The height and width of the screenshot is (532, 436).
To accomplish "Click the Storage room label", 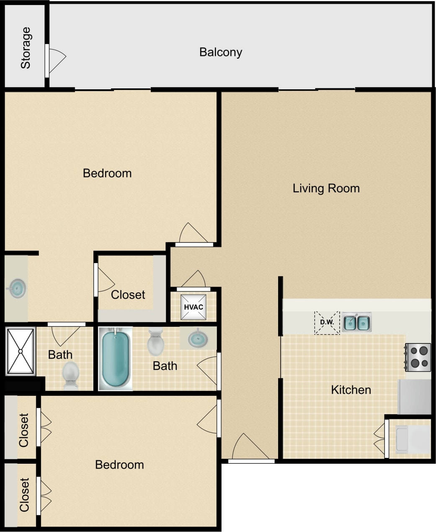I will point(26,48).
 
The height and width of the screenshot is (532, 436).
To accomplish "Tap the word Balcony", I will point(221,52).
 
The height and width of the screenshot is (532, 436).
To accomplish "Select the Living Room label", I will point(326,189).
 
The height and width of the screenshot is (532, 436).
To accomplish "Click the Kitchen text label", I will point(351,390).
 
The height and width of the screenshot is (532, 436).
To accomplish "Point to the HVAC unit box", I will point(193,307).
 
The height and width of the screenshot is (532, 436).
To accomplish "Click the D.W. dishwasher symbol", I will point(327,323).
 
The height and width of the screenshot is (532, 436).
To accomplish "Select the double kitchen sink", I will point(357,323).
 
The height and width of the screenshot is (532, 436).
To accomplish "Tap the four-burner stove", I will point(418,357).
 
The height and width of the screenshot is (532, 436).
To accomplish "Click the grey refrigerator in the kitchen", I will point(414,396).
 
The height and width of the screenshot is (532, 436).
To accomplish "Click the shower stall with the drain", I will point(20,351).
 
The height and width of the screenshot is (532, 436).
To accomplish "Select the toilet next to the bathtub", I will point(156,342).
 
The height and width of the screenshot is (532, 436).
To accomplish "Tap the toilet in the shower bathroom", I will point(71,375).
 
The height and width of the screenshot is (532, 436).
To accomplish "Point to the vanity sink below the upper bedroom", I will point(17,288).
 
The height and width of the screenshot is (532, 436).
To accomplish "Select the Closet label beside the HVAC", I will point(128,295).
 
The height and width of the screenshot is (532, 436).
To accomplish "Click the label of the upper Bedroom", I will point(107,173).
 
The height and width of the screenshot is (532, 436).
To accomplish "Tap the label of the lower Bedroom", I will point(119,465).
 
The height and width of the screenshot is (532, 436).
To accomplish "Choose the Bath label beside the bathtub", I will point(165,366).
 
